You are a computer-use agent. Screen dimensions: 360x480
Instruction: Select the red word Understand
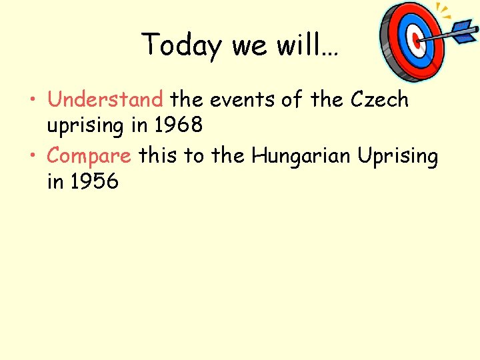pos(105,99)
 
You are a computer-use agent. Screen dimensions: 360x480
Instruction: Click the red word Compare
pos(89,156)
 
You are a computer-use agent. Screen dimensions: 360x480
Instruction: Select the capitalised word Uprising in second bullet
pos(398,156)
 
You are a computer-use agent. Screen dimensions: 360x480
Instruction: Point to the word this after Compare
pos(159,156)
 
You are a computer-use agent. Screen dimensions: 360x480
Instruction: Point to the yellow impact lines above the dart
pos(443,9)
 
